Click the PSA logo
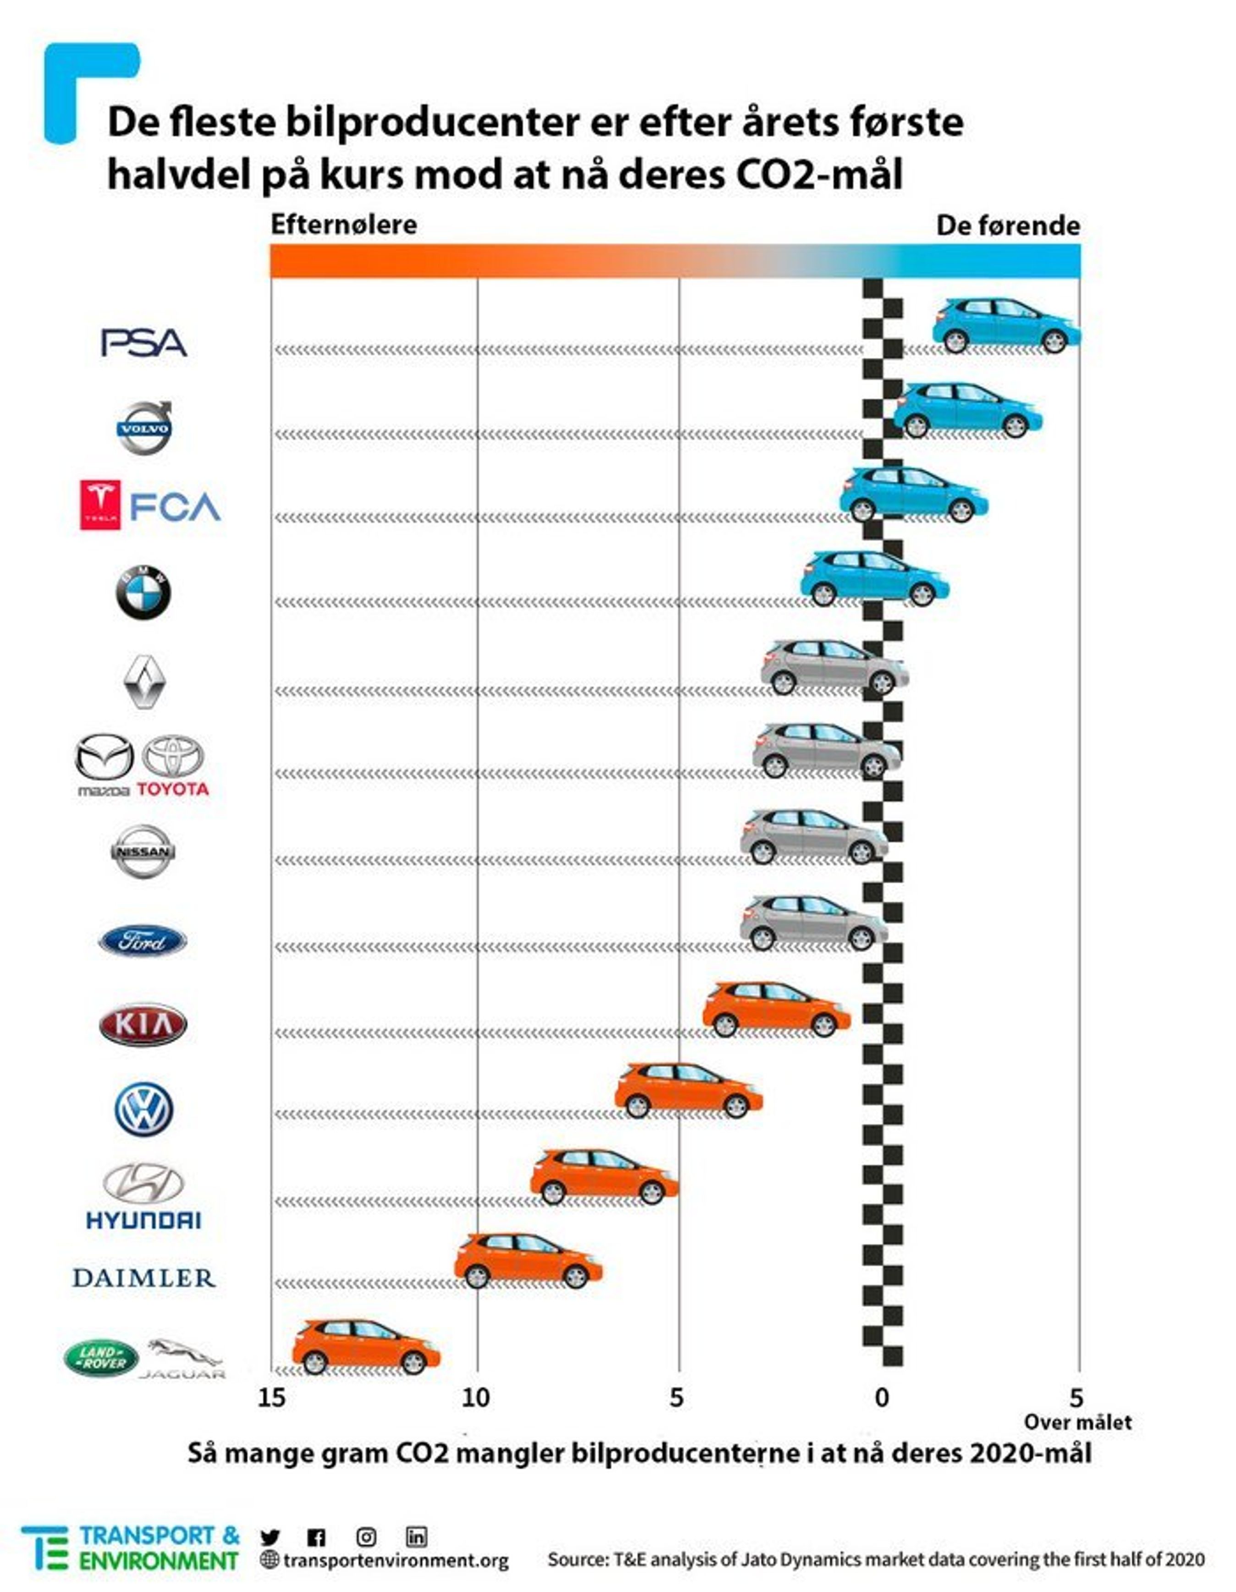tap(143, 343)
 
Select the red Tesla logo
tap(100, 505)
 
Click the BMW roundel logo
tap(143, 592)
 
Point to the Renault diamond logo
tap(143, 681)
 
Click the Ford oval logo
tap(143, 941)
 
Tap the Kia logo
tap(143, 1025)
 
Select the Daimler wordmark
tap(143, 1278)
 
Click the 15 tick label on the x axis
tap(271, 1398)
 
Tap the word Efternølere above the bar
tap(343, 225)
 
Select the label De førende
tap(1008, 226)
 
